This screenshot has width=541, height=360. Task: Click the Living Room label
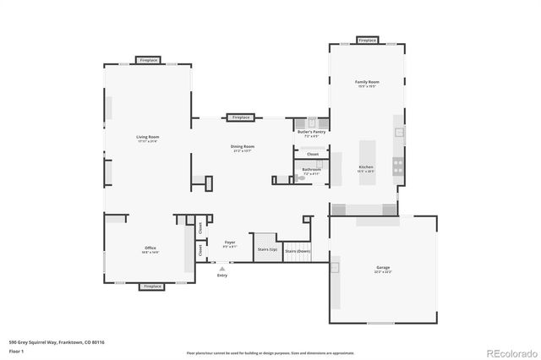148,137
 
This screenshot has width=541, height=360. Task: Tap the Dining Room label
243,146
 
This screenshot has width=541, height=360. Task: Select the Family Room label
367,82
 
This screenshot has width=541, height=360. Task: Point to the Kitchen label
366,167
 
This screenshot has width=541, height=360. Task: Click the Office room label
150,248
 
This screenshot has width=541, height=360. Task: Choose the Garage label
383,268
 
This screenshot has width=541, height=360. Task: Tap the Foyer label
230,243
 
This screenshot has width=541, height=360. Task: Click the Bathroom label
312,170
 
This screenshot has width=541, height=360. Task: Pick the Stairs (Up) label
267,250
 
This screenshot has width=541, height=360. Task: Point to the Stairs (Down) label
298,251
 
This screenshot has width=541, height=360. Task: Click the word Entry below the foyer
222,275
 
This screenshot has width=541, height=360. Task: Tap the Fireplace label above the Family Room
367,41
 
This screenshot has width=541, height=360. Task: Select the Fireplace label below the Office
152,286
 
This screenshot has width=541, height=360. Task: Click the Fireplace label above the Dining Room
241,117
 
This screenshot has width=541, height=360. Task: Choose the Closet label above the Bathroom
313,155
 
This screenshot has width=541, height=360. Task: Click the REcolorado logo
511,352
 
